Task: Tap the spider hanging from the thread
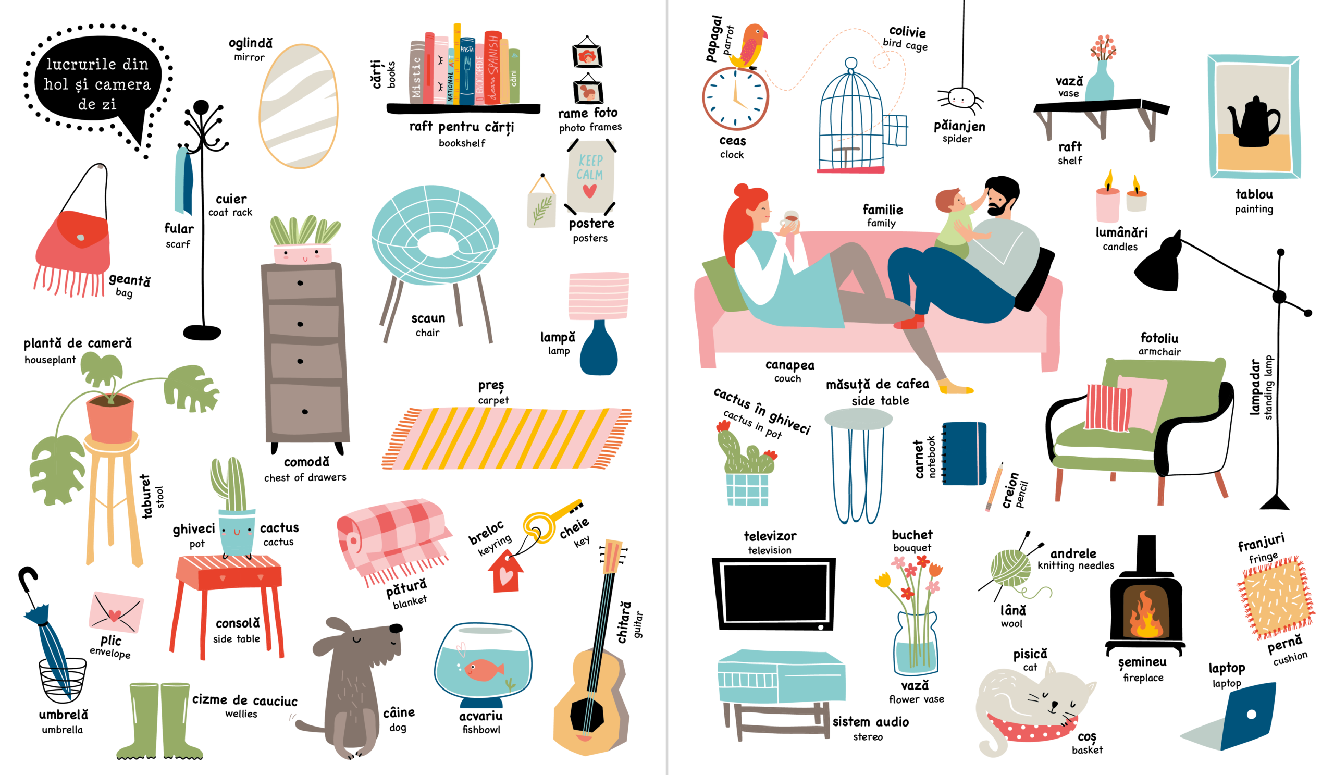960,100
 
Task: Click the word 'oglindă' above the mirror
251,43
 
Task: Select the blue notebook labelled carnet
964,453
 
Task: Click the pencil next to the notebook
994,486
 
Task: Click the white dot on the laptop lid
1252,714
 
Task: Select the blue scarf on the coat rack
184,181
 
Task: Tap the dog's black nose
396,629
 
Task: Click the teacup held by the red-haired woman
790,219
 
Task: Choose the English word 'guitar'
638,624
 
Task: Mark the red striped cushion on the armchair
1108,408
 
